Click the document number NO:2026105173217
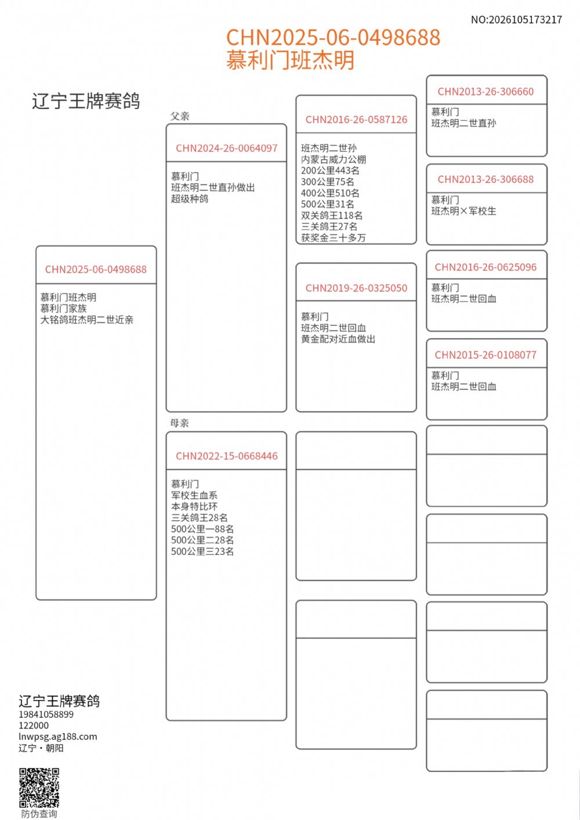pyautogui.click(x=516, y=20)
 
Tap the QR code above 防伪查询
pyautogui.click(x=39, y=787)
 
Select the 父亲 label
pyautogui.click(x=180, y=116)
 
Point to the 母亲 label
pyautogui.click(x=180, y=423)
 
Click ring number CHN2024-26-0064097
pyautogui.click(x=226, y=148)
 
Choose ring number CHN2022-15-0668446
pyautogui.click(x=226, y=456)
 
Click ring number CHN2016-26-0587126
pyautogui.click(x=356, y=119)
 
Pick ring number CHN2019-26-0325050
pyautogui.click(x=356, y=288)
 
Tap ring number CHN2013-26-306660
pyautogui.click(x=485, y=91)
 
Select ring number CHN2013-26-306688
pyautogui.click(x=485, y=179)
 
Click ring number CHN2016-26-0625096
pyautogui.click(x=485, y=267)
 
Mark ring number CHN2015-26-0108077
pyautogui.click(x=485, y=355)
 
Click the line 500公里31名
pyautogui.click(x=327, y=204)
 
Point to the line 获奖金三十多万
pyautogui.click(x=333, y=238)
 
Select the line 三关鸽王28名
pyautogui.click(x=199, y=517)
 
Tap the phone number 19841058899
pyautogui.click(x=46, y=714)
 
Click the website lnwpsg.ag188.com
pyautogui.click(x=58, y=736)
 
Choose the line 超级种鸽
pyautogui.click(x=189, y=198)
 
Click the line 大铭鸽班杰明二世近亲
pyautogui.click(x=86, y=320)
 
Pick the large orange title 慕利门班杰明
pyautogui.click(x=290, y=60)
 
